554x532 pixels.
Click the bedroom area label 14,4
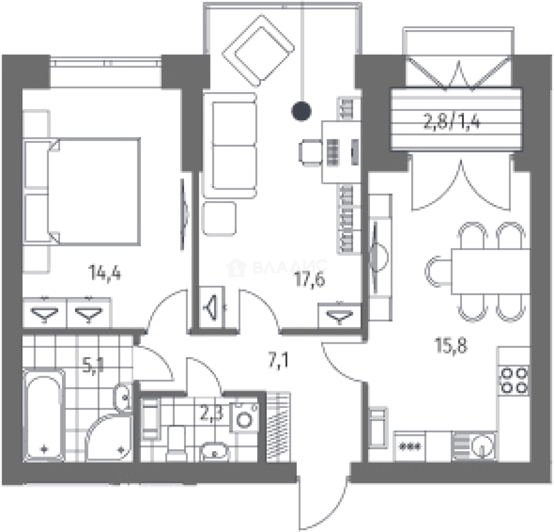point(105,273)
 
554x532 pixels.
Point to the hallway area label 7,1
point(278,361)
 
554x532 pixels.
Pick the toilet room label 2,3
point(211,413)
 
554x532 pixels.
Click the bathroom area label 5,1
point(92,366)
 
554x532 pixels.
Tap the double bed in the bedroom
point(82,191)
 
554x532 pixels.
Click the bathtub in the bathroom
point(44,415)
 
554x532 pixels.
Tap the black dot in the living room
point(302,111)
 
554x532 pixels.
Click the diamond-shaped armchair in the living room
point(258,51)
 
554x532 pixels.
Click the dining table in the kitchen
point(491,271)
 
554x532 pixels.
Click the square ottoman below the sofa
point(219,219)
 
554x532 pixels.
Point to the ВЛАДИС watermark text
point(290,267)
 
